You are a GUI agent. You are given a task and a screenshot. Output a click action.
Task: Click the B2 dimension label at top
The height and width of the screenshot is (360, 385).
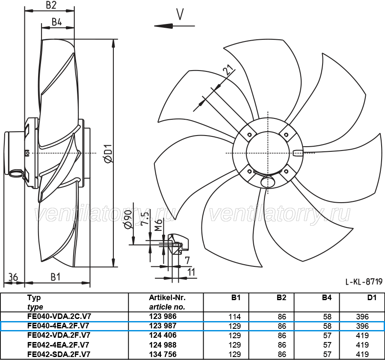(51, 5)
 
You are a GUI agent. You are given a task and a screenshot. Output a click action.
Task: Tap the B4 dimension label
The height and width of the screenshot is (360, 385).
(57, 22)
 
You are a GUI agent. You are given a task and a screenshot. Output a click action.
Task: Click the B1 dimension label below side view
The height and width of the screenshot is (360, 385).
(56, 277)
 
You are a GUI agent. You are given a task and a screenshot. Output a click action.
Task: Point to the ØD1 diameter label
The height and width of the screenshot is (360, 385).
(108, 153)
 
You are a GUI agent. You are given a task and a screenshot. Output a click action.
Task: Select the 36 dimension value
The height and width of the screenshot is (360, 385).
(14, 277)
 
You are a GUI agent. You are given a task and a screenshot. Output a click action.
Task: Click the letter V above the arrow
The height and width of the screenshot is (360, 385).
(180, 14)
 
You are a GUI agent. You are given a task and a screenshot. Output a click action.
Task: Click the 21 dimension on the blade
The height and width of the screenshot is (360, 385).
(228, 71)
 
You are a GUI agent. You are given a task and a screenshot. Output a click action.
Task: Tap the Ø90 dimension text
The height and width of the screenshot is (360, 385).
(128, 219)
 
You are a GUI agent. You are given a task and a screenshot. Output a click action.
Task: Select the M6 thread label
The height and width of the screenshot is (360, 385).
(159, 225)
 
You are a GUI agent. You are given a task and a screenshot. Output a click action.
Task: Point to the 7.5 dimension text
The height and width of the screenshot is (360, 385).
(145, 219)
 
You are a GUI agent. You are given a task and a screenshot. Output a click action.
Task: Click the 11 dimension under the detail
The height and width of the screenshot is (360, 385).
(191, 272)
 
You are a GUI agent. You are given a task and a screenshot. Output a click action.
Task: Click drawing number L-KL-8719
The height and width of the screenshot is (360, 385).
(364, 281)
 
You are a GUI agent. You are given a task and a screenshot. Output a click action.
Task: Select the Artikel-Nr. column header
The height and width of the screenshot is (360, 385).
(167, 298)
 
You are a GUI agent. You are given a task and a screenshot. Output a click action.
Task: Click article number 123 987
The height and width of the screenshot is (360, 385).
(163, 326)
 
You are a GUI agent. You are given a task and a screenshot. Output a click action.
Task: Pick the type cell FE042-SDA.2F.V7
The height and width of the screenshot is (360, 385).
(59, 354)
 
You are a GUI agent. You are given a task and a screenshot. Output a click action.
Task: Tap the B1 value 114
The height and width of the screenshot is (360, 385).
(235, 316)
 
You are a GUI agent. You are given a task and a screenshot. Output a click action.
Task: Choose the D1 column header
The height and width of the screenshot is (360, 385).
(372, 298)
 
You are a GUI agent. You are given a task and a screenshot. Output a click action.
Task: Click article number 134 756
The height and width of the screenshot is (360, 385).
(163, 354)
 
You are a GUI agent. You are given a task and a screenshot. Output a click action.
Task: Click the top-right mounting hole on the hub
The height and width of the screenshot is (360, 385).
(286, 135)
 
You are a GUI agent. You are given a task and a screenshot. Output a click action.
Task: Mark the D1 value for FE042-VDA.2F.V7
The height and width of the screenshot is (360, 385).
(362, 335)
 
